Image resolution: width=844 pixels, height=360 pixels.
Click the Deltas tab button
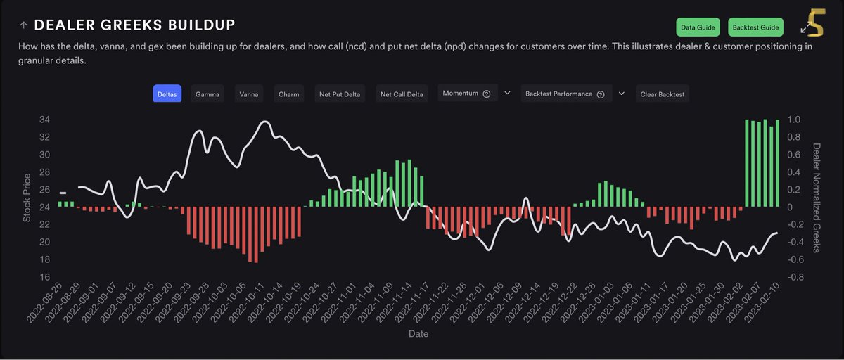point(167,94)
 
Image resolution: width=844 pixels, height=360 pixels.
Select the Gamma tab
point(207,94)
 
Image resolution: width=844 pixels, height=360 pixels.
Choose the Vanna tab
point(248,94)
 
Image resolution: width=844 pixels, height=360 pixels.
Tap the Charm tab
point(288,94)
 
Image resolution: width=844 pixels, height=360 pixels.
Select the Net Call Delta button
point(402,94)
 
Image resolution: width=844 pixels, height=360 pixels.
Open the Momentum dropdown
point(467,94)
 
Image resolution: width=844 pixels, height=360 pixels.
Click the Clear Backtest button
point(662,94)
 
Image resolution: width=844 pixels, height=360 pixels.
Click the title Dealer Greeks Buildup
point(134,25)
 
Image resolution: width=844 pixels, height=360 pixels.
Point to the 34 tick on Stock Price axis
point(44,120)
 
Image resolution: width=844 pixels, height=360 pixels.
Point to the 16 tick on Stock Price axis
point(44,277)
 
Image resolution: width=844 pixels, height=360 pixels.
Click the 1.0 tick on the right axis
point(794,120)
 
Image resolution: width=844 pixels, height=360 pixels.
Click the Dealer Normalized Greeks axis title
point(817,198)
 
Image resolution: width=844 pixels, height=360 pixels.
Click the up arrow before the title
point(23,26)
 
